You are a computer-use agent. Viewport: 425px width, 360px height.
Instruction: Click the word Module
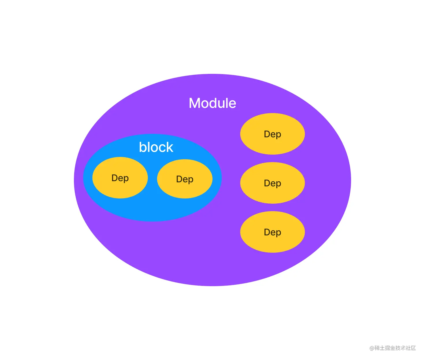coord(212,103)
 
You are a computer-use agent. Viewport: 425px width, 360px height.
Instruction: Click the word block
coord(156,147)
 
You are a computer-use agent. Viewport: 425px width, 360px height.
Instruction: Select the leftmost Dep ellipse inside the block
coord(120,177)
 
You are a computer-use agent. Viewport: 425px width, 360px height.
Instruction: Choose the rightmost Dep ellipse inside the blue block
coord(185,179)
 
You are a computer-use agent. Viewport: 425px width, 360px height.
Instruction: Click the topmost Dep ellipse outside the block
coord(273,134)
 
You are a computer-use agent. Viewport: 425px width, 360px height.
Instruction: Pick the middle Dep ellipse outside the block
coord(273,183)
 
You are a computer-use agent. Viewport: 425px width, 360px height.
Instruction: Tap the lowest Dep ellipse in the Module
coord(273,232)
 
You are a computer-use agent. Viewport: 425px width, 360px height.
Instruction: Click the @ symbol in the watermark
coord(372,348)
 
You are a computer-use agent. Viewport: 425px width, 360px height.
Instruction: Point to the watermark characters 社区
coord(411,348)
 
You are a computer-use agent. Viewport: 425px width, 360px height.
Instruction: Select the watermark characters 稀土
coord(380,348)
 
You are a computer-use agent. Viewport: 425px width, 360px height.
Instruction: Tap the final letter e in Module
coord(232,104)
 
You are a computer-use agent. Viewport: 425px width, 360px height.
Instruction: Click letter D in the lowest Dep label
coord(267,232)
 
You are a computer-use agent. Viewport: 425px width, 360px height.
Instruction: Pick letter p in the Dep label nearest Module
coord(278,135)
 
